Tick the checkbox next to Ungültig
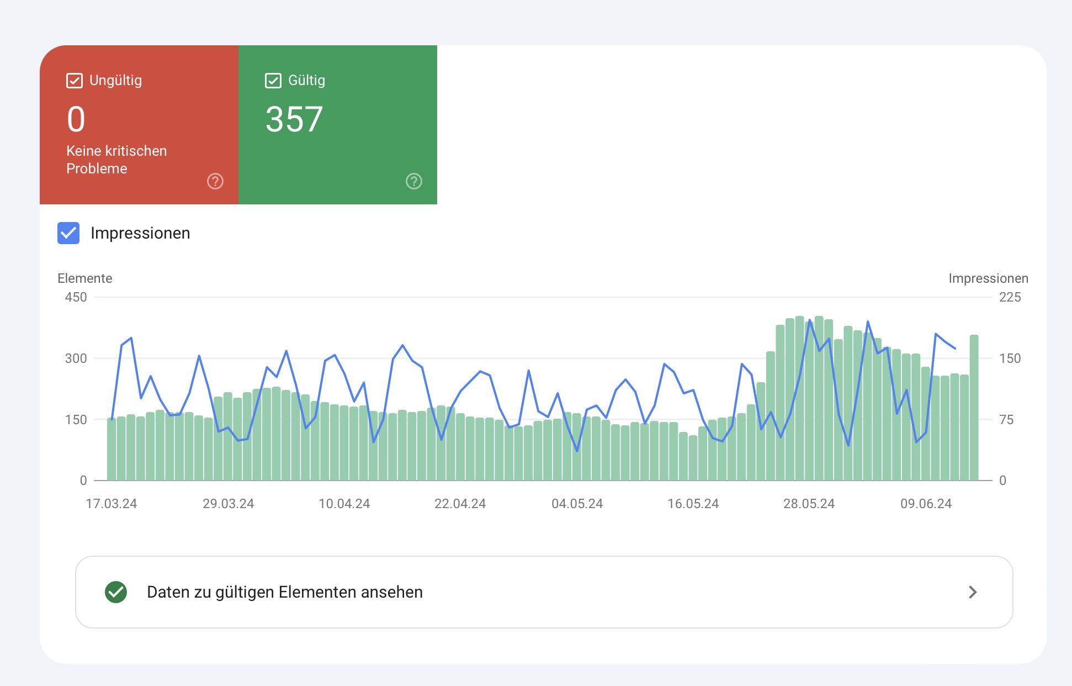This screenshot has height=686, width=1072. click(75, 81)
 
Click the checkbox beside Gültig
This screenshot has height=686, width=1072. click(273, 81)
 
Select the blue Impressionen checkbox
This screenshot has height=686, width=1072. click(68, 233)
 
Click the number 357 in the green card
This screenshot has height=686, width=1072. click(294, 119)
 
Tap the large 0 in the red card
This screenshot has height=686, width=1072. click(76, 119)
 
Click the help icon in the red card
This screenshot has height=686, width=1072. click(215, 181)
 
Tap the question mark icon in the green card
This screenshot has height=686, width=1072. click(414, 181)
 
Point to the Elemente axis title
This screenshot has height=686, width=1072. click(85, 278)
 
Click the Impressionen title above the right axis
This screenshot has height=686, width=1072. click(988, 278)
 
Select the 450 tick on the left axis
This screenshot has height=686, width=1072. click(76, 297)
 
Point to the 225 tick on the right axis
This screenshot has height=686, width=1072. click(1010, 297)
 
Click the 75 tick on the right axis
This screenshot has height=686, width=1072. click(1006, 420)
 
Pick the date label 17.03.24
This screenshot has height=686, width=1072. click(112, 504)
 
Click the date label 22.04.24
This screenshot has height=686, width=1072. click(460, 504)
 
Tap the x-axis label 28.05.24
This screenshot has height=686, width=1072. click(809, 504)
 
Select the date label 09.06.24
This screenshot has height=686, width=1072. click(926, 504)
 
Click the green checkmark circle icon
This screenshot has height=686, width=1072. click(116, 592)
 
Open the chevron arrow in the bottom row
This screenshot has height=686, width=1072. click(973, 592)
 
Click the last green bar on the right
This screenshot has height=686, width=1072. click(974, 409)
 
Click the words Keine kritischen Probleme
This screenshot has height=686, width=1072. click(116, 160)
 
